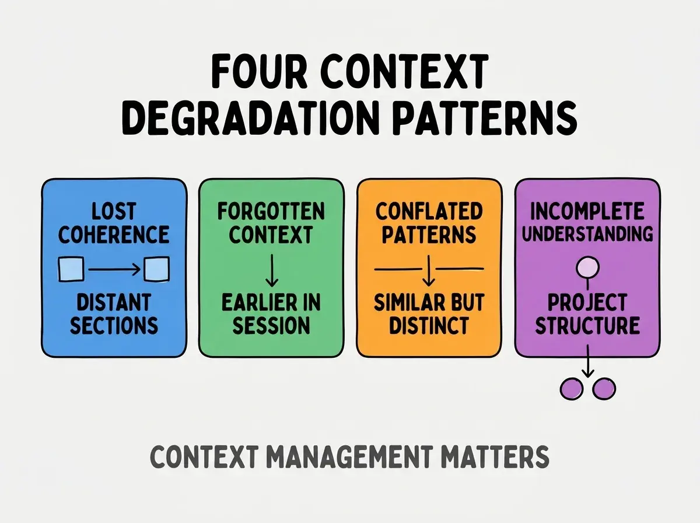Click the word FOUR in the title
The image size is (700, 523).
pos(259,71)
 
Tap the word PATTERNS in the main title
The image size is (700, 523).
pos(484,118)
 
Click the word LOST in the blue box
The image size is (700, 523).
pos(114,211)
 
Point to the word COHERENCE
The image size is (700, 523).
pos(114,235)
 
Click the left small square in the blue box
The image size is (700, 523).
pos(71,269)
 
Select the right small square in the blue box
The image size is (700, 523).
pos(156,269)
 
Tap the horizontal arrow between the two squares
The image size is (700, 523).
pos(114,270)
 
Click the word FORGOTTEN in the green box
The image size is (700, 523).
pos(271,211)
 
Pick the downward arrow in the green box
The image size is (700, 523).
pos(272,270)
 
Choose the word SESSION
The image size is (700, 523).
pos(271,326)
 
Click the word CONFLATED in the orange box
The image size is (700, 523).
pos(429,211)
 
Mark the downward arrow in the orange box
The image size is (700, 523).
pos(429,270)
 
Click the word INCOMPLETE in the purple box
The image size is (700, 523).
pos(587,211)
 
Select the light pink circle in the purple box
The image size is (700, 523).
pos(587,267)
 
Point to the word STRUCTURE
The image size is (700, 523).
pos(587,326)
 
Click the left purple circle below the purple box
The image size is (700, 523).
pos(572,389)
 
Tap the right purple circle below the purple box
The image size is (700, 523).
pos(604,389)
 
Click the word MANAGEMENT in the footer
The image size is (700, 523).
pos(349,457)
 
